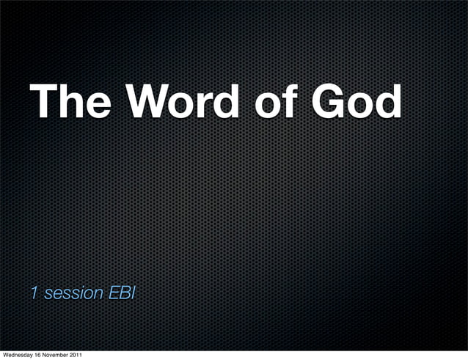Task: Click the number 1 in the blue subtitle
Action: (x=34, y=293)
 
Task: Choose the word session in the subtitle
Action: (x=72, y=294)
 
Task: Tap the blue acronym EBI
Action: (x=121, y=293)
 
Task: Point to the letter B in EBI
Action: (x=122, y=293)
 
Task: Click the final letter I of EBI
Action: (x=132, y=293)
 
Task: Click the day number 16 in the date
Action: (x=42, y=356)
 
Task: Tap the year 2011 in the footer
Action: (x=85, y=356)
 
